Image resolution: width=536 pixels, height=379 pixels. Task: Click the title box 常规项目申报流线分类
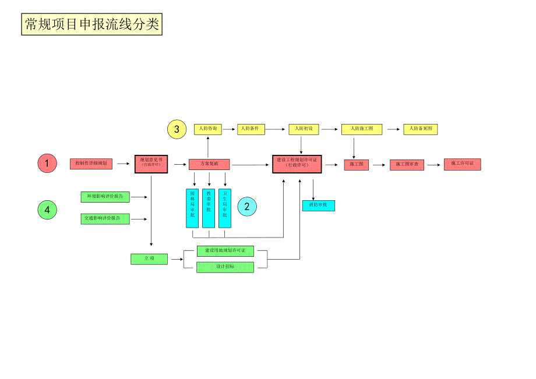tap(91, 24)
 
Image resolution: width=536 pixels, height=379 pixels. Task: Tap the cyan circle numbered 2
tap(246, 206)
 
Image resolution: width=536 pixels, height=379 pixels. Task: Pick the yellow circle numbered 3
tap(177, 129)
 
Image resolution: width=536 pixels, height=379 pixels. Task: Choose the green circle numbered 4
tap(47, 209)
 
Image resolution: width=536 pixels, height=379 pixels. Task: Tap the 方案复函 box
tap(209, 164)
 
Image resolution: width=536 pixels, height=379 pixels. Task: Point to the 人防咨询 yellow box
tap(208, 129)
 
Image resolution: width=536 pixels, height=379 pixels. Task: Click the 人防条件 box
tap(252, 129)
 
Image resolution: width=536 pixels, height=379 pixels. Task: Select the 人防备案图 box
tap(421, 129)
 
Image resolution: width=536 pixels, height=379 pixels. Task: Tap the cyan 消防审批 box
tap(318, 206)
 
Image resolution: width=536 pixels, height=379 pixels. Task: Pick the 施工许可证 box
tap(462, 164)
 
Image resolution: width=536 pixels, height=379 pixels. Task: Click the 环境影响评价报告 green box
tap(105, 197)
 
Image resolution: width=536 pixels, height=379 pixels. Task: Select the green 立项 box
tap(149, 259)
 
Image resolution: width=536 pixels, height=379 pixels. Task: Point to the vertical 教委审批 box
tap(209, 208)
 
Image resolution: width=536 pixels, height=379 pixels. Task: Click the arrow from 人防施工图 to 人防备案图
tap(393, 129)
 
